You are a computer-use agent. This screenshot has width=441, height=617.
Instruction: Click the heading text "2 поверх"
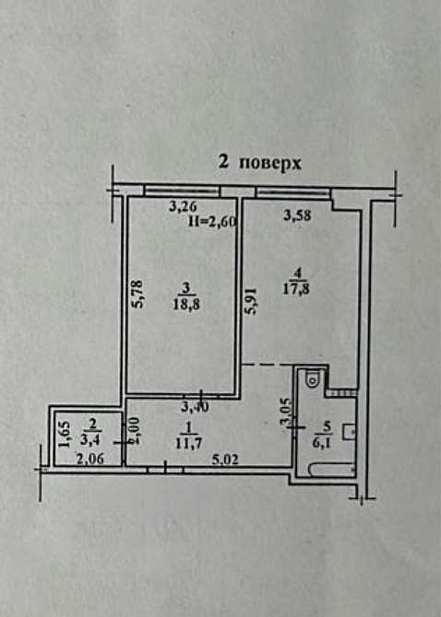coord(259,162)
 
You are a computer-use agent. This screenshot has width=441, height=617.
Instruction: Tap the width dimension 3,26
coord(183,207)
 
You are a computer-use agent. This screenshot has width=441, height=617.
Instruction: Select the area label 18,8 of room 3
coord(185,305)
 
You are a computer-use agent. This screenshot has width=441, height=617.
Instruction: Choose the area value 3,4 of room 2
coord(90,438)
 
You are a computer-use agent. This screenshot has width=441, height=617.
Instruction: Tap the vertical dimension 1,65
coord(64,434)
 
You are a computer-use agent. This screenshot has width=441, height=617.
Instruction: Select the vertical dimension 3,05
coord(285,412)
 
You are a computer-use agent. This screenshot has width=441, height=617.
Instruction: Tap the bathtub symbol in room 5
coord(329,471)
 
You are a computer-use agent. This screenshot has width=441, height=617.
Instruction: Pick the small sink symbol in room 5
coord(351,429)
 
